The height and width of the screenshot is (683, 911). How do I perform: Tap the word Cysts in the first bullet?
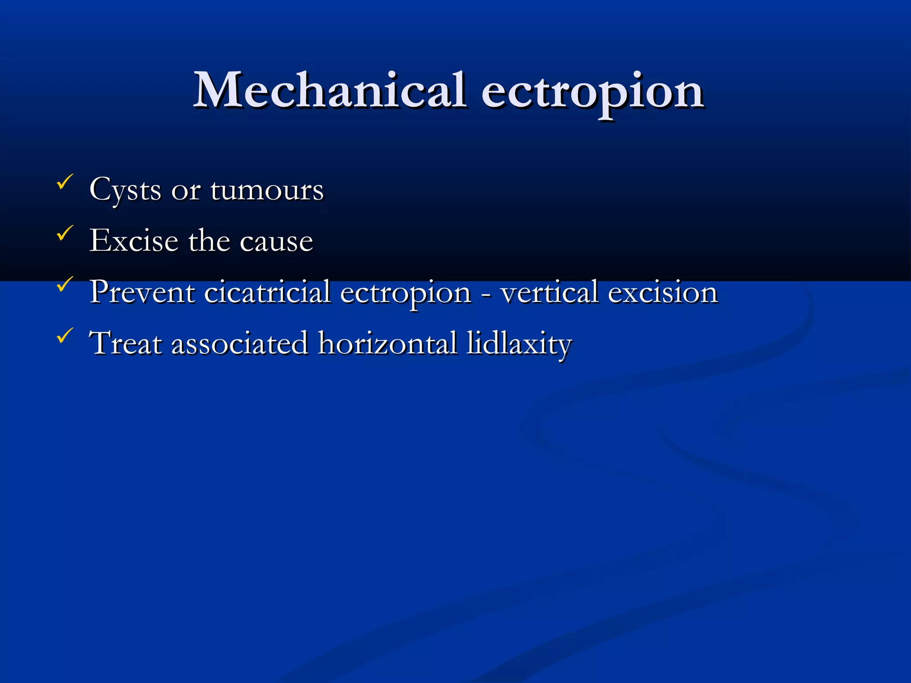point(125,190)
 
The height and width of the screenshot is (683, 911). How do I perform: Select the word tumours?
point(267,190)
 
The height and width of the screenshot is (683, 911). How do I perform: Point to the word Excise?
point(134,241)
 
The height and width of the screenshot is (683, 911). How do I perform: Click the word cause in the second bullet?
point(276,241)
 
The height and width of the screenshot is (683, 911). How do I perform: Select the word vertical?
point(549,292)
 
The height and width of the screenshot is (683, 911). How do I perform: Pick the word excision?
point(662,292)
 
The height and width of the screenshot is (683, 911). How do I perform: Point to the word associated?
point(240,343)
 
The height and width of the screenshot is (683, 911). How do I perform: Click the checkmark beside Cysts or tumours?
point(65,182)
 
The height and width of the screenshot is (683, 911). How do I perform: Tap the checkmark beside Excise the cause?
point(65,233)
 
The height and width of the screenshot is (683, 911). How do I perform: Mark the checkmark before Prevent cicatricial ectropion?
point(65,284)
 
